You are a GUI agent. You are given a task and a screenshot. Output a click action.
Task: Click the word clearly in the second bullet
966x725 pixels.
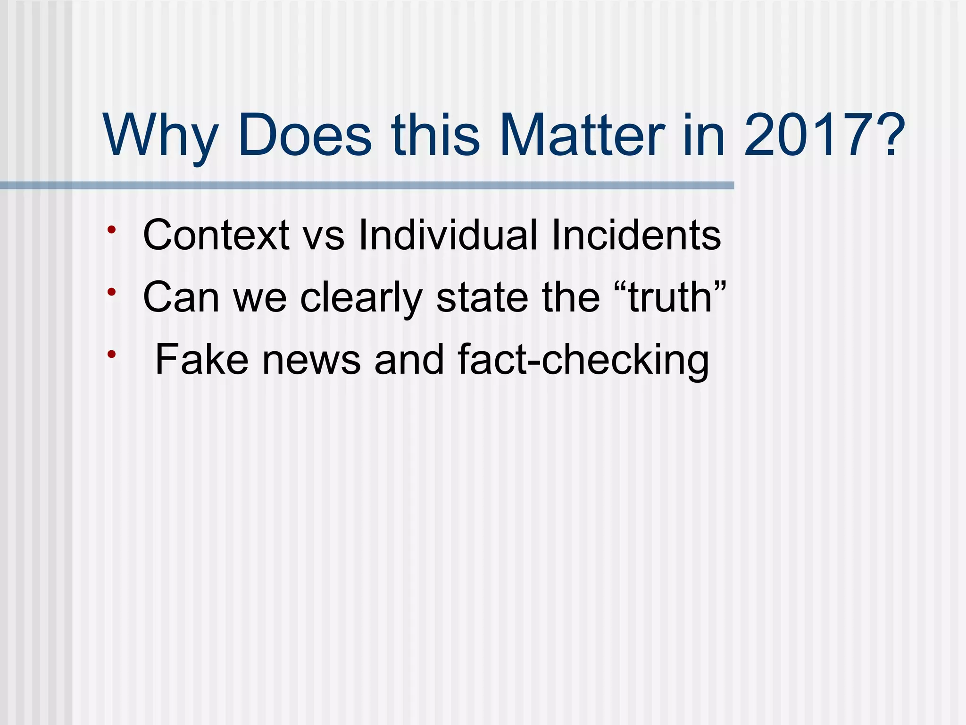coord(361,298)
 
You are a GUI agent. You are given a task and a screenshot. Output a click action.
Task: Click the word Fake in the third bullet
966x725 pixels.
coord(201,360)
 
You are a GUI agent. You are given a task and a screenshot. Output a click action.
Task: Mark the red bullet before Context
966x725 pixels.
coord(111,230)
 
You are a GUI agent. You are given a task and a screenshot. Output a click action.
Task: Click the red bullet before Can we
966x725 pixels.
coord(111,292)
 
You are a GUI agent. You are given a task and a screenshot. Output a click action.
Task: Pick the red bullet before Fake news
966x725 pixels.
coord(111,354)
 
